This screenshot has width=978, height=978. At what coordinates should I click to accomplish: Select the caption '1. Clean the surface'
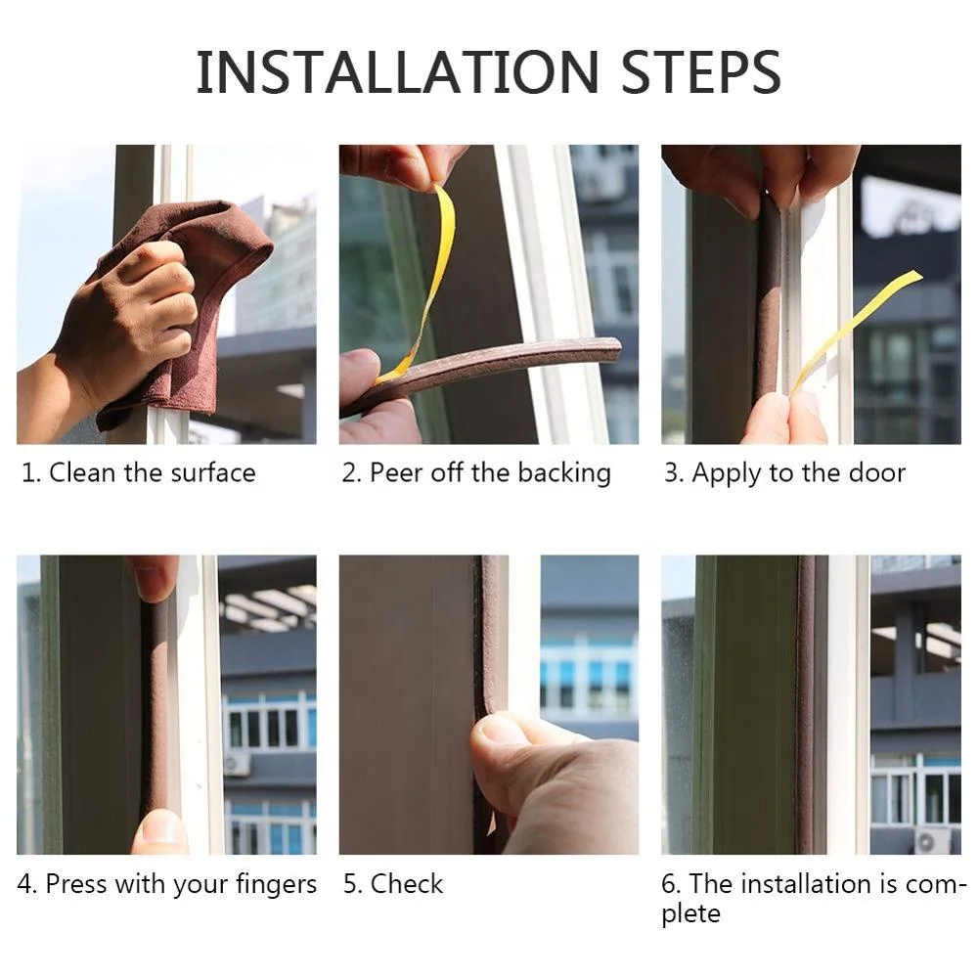click(139, 472)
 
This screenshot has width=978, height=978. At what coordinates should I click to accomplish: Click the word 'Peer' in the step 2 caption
click(397, 472)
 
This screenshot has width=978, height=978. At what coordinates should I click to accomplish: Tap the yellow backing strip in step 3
click(855, 331)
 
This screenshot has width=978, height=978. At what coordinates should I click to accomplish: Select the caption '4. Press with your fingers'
click(167, 883)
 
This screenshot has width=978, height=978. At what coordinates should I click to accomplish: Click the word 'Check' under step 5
click(407, 883)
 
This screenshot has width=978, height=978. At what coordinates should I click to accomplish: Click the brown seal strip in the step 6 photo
click(805, 705)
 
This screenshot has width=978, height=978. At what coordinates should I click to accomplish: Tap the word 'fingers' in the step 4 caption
click(276, 884)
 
